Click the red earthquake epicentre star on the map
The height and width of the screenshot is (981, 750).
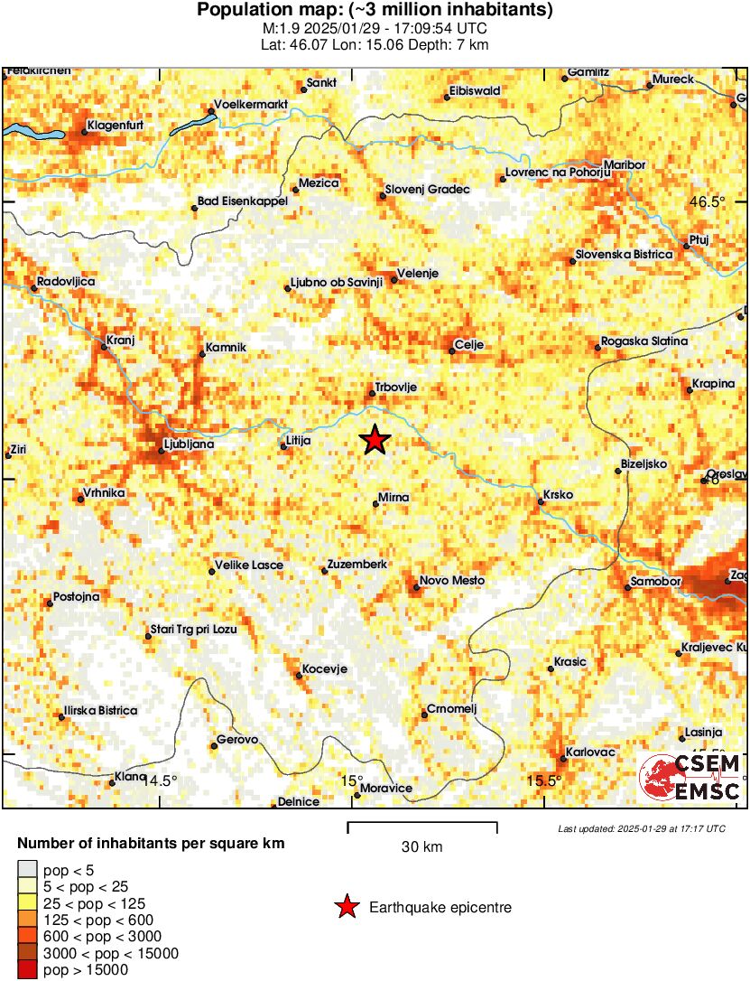click(x=375, y=440)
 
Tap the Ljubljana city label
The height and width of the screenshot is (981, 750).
click(x=188, y=444)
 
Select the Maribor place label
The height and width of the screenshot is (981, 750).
click(x=625, y=165)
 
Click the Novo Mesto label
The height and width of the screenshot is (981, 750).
click(x=453, y=580)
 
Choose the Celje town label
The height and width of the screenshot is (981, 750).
click(x=470, y=344)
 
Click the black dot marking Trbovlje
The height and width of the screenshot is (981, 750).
click(x=372, y=393)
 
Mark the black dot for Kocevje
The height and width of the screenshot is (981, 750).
click(x=300, y=674)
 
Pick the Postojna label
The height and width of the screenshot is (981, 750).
click(x=77, y=597)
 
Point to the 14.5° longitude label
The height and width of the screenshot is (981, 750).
click(x=162, y=780)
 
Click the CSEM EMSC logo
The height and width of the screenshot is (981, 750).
click(x=690, y=777)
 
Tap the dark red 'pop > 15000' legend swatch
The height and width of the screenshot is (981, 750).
click(x=27, y=970)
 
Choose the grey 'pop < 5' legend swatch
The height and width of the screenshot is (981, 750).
click(x=27, y=869)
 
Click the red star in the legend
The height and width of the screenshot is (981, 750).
click(x=347, y=907)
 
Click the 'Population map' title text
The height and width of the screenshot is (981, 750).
click(x=375, y=11)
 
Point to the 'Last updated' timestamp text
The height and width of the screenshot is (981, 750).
click(x=641, y=828)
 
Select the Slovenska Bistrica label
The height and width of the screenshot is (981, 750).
click(x=624, y=255)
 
